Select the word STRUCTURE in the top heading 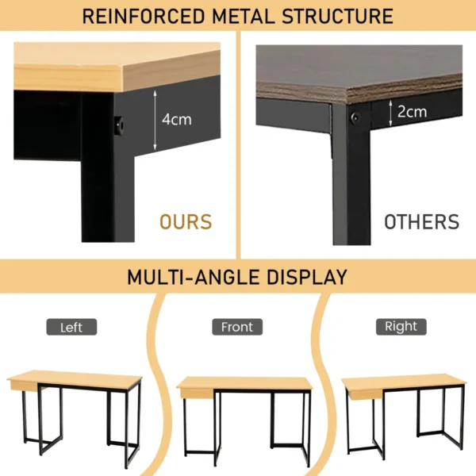pyautogui.click(x=338, y=16)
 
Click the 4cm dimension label pyautogui.click(x=177, y=119)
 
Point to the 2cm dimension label pyautogui.click(x=412, y=112)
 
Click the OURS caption pyautogui.click(x=186, y=222)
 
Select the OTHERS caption pyautogui.click(x=422, y=222)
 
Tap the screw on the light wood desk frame pyautogui.click(x=120, y=125)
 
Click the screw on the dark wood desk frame pyautogui.click(x=355, y=117)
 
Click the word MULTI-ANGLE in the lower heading pyautogui.click(x=193, y=277)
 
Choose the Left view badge pyautogui.click(x=71, y=327)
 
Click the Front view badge pyautogui.click(x=237, y=327)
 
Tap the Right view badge pyautogui.click(x=401, y=327)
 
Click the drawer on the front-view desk pyautogui.click(x=197, y=393)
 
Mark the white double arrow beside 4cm pyautogui.click(x=155, y=121)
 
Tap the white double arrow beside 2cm pyautogui.click(x=390, y=113)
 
